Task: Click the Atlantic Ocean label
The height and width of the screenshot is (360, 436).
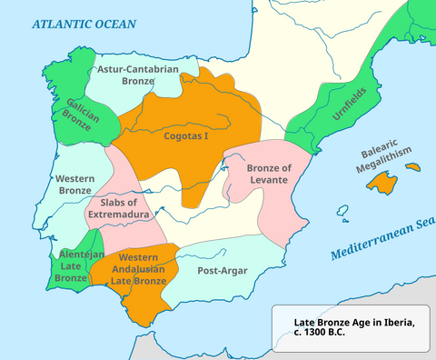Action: click(83, 24)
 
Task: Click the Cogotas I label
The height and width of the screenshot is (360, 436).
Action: click(186, 135)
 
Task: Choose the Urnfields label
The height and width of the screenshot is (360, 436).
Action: click(324, 119)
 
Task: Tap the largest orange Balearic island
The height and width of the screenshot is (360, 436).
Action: click(383, 183)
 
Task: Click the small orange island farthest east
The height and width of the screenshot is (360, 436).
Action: click(413, 167)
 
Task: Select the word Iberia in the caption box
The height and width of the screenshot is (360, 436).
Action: click(396, 322)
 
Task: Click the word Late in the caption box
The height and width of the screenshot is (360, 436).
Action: click(306, 322)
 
